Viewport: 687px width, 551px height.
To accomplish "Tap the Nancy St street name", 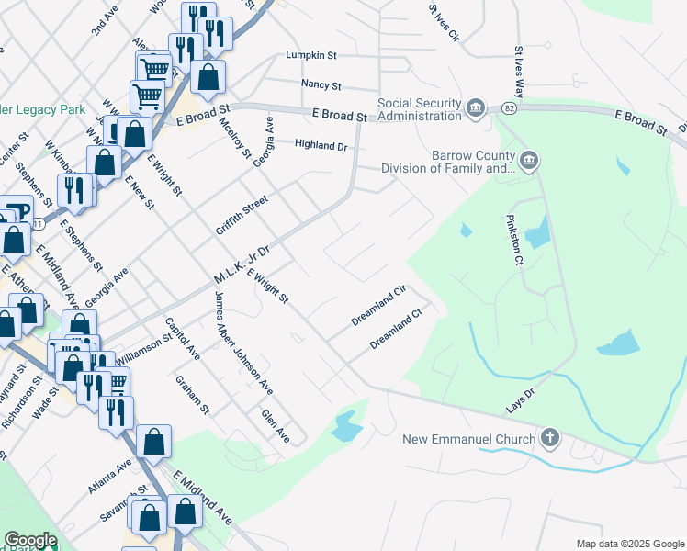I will click(321, 85).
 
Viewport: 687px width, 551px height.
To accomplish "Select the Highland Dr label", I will click(321, 145).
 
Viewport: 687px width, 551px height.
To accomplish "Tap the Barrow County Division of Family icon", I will click(529, 162).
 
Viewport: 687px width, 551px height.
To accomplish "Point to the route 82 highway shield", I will click(508, 109).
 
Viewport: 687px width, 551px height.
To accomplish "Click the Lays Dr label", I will click(519, 400).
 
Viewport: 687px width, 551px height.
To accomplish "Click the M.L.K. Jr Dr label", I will click(242, 264).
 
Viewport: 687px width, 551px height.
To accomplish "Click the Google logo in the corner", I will click(30, 541).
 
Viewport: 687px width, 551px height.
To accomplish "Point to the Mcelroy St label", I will click(235, 139).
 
